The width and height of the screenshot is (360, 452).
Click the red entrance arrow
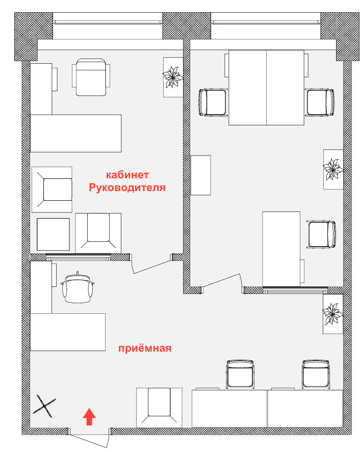coord(89,416)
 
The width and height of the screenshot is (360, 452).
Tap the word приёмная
coord(145,348)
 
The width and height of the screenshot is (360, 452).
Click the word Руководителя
coord(127,188)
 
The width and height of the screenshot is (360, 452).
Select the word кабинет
coord(127,175)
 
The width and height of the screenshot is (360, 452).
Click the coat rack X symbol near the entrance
coord(44,406)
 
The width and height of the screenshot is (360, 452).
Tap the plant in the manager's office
coord(173,77)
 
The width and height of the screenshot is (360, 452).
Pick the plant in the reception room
coord(333,314)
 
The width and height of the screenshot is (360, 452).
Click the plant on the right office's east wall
coord(333,169)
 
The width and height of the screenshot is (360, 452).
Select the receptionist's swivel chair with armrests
coord(78,287)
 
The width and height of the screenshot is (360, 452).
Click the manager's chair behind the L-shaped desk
coord(91,77)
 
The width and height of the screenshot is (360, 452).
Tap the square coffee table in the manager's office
coord(53,234)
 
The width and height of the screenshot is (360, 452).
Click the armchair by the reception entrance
coord(159,408)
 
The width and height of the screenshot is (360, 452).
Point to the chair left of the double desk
coord(213,102)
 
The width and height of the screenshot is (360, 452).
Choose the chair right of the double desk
coord(320,102)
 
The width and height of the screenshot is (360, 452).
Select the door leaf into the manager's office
coord(151,267)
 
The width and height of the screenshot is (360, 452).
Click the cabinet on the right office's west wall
coord(201,175)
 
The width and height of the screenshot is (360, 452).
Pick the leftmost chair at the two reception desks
coord(240,374)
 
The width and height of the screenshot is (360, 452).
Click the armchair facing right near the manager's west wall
coord(52,190)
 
